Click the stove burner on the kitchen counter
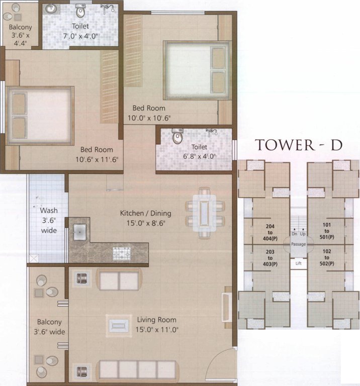coord(121,252)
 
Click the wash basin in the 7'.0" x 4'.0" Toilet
coord(51,9)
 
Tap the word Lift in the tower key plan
coord(299,263)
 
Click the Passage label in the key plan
coord(299,244)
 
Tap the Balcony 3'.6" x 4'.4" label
coord(20,35)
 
